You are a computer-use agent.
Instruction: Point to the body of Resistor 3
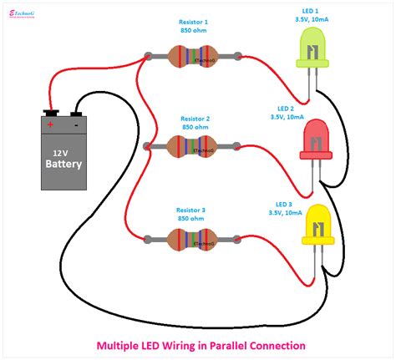192,238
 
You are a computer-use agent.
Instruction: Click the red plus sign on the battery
50,124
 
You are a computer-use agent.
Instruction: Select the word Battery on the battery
63,164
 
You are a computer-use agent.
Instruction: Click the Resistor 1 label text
195,21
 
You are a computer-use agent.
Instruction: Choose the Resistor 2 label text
195,111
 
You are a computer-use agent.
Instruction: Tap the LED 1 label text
309,9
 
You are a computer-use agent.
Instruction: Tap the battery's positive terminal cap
51,111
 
